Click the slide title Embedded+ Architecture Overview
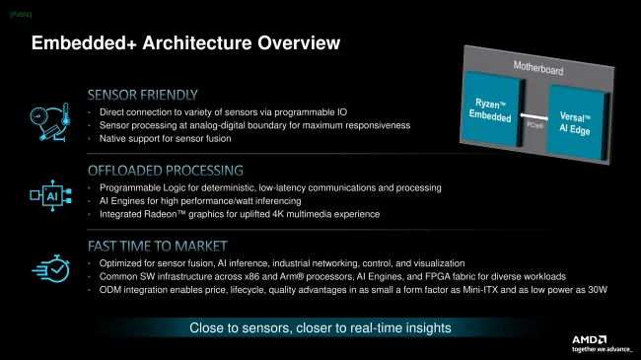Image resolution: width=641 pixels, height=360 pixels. click(x=185, y=43)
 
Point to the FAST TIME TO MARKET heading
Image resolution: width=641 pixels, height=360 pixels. click(x=158, y=245)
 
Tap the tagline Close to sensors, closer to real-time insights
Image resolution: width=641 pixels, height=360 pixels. click(x=320, y=327)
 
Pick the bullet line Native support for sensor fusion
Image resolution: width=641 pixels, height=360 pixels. click(x=177, y=140)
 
